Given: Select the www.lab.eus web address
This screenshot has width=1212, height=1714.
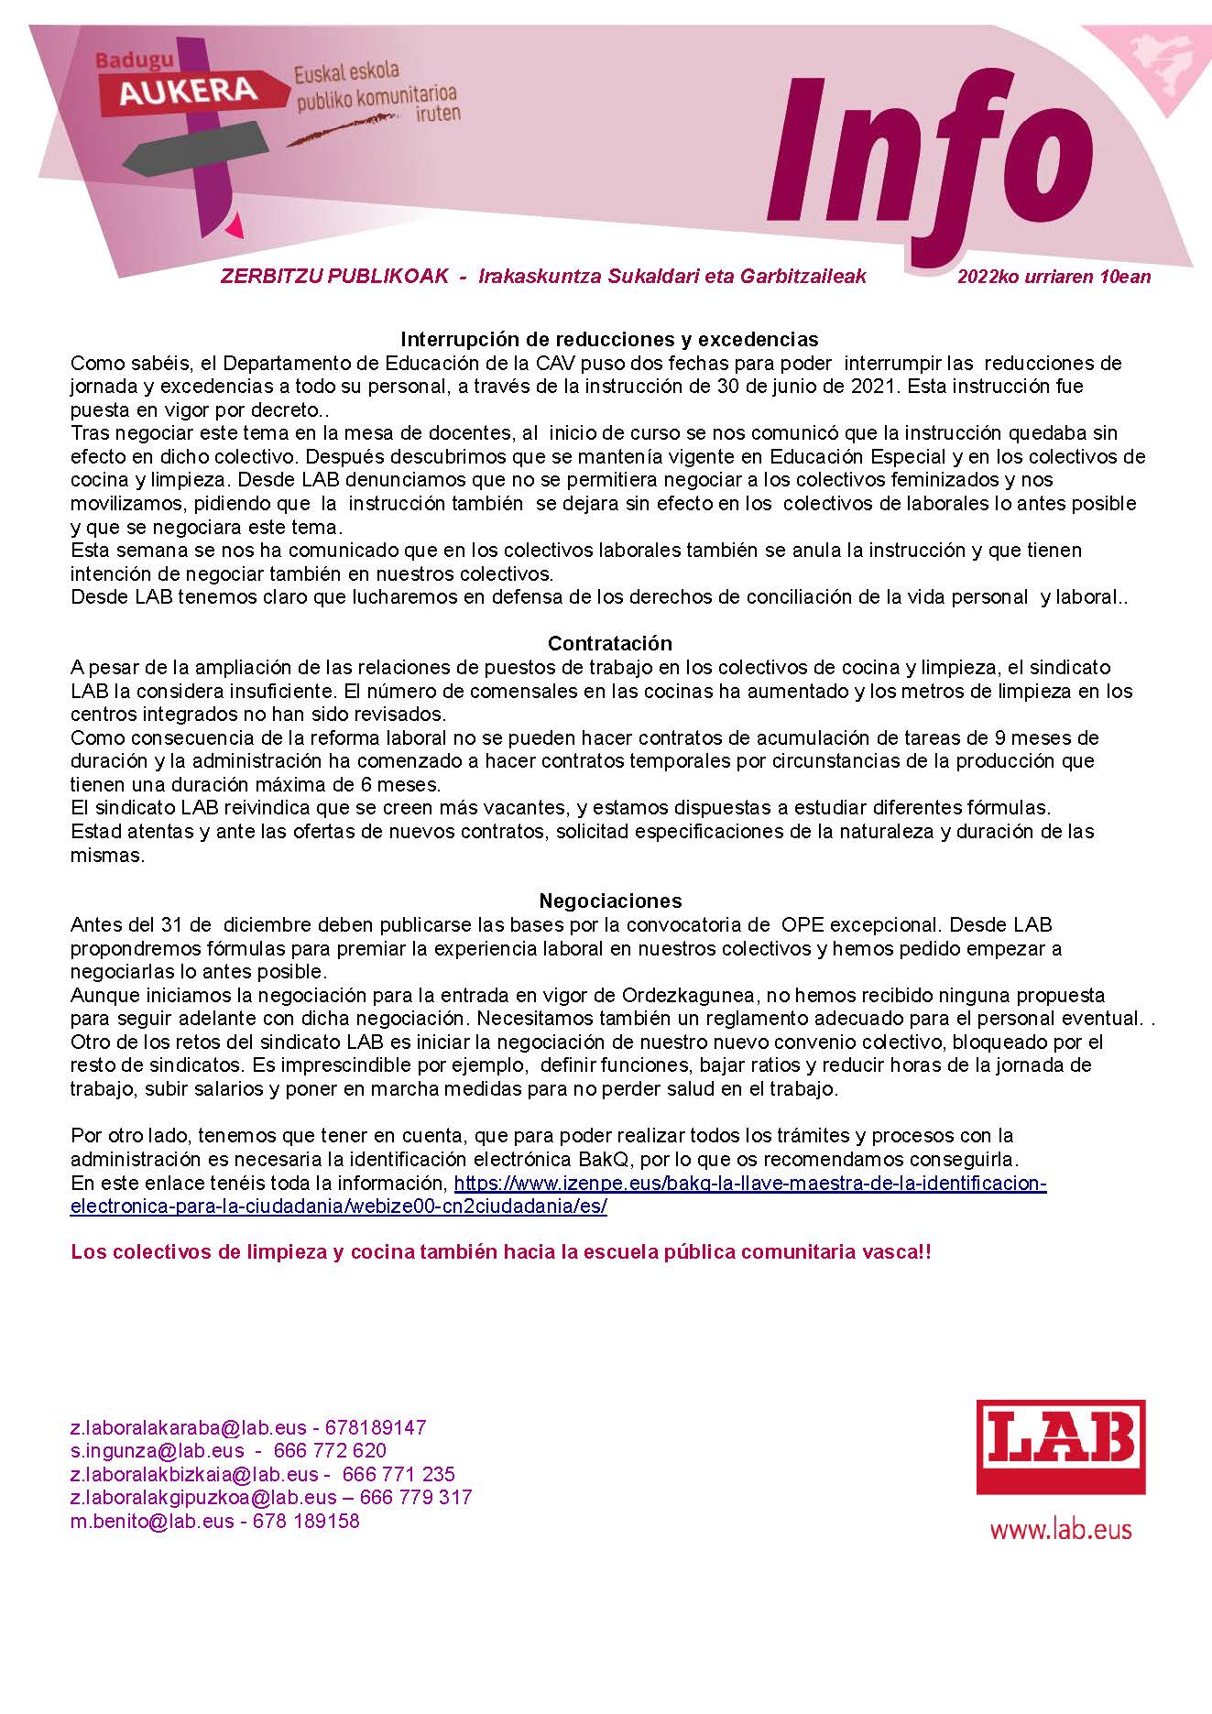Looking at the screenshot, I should click(1061, 1529).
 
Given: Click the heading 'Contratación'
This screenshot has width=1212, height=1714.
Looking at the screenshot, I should click(609, 643).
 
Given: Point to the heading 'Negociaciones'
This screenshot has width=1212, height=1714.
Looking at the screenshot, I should click(609, 901).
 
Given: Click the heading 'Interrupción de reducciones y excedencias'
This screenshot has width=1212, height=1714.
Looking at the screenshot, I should click(609, 340).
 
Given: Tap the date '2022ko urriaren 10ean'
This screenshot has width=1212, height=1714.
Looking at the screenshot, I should click(1054, 277).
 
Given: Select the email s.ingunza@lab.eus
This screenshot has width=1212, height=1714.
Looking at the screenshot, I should click(158, 1451).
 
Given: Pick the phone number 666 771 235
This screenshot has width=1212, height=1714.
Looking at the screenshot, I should click(399, 1475).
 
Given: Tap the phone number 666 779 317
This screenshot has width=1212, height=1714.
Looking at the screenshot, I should click(416, 1498).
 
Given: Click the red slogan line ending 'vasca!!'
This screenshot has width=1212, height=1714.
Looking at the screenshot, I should click(500, 1251).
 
